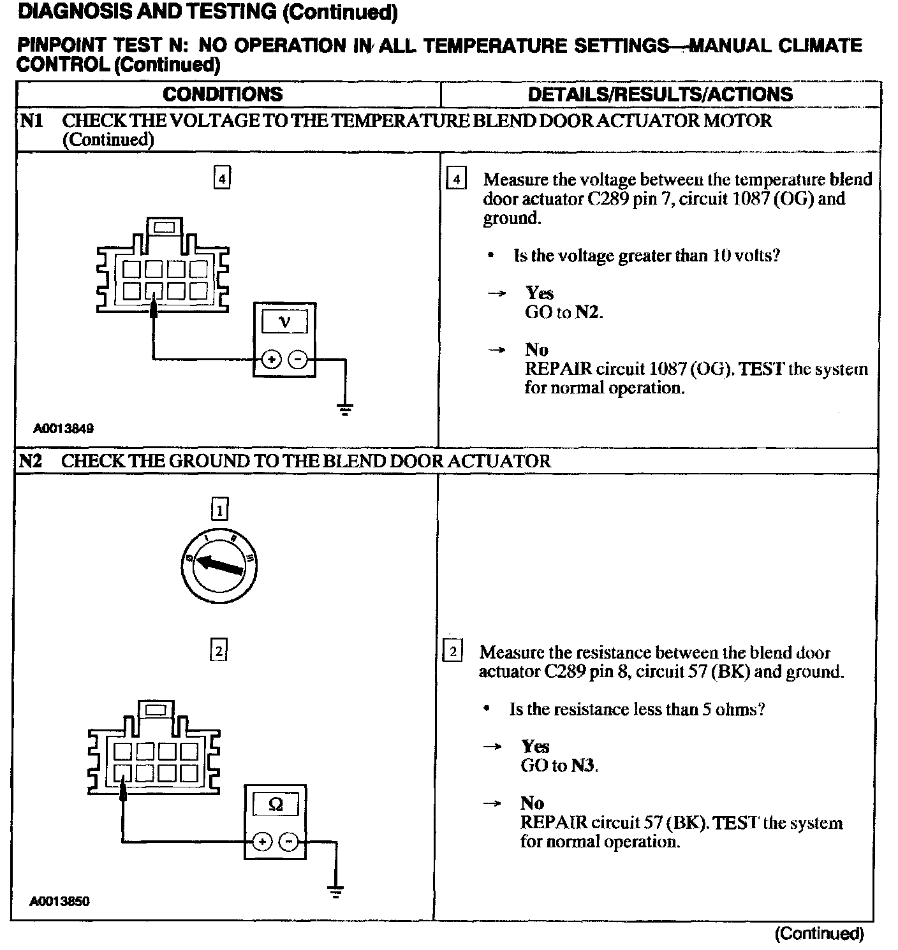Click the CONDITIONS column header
[223, 94]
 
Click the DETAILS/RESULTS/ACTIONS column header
[660, 94]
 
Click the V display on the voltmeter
[284, 321]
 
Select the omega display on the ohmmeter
[276, 805]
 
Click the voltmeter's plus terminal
[271, 360]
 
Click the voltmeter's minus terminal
[297, 360]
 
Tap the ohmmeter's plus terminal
[262, 842]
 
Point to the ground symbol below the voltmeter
[345, 409]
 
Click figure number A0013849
[64, 428]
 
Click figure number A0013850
[59, 902]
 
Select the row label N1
[31, 121]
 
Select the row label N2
[31, 461]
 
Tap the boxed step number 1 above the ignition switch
[219, 509]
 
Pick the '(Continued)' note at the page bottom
[819, 934]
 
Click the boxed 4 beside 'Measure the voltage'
[455, 180]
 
